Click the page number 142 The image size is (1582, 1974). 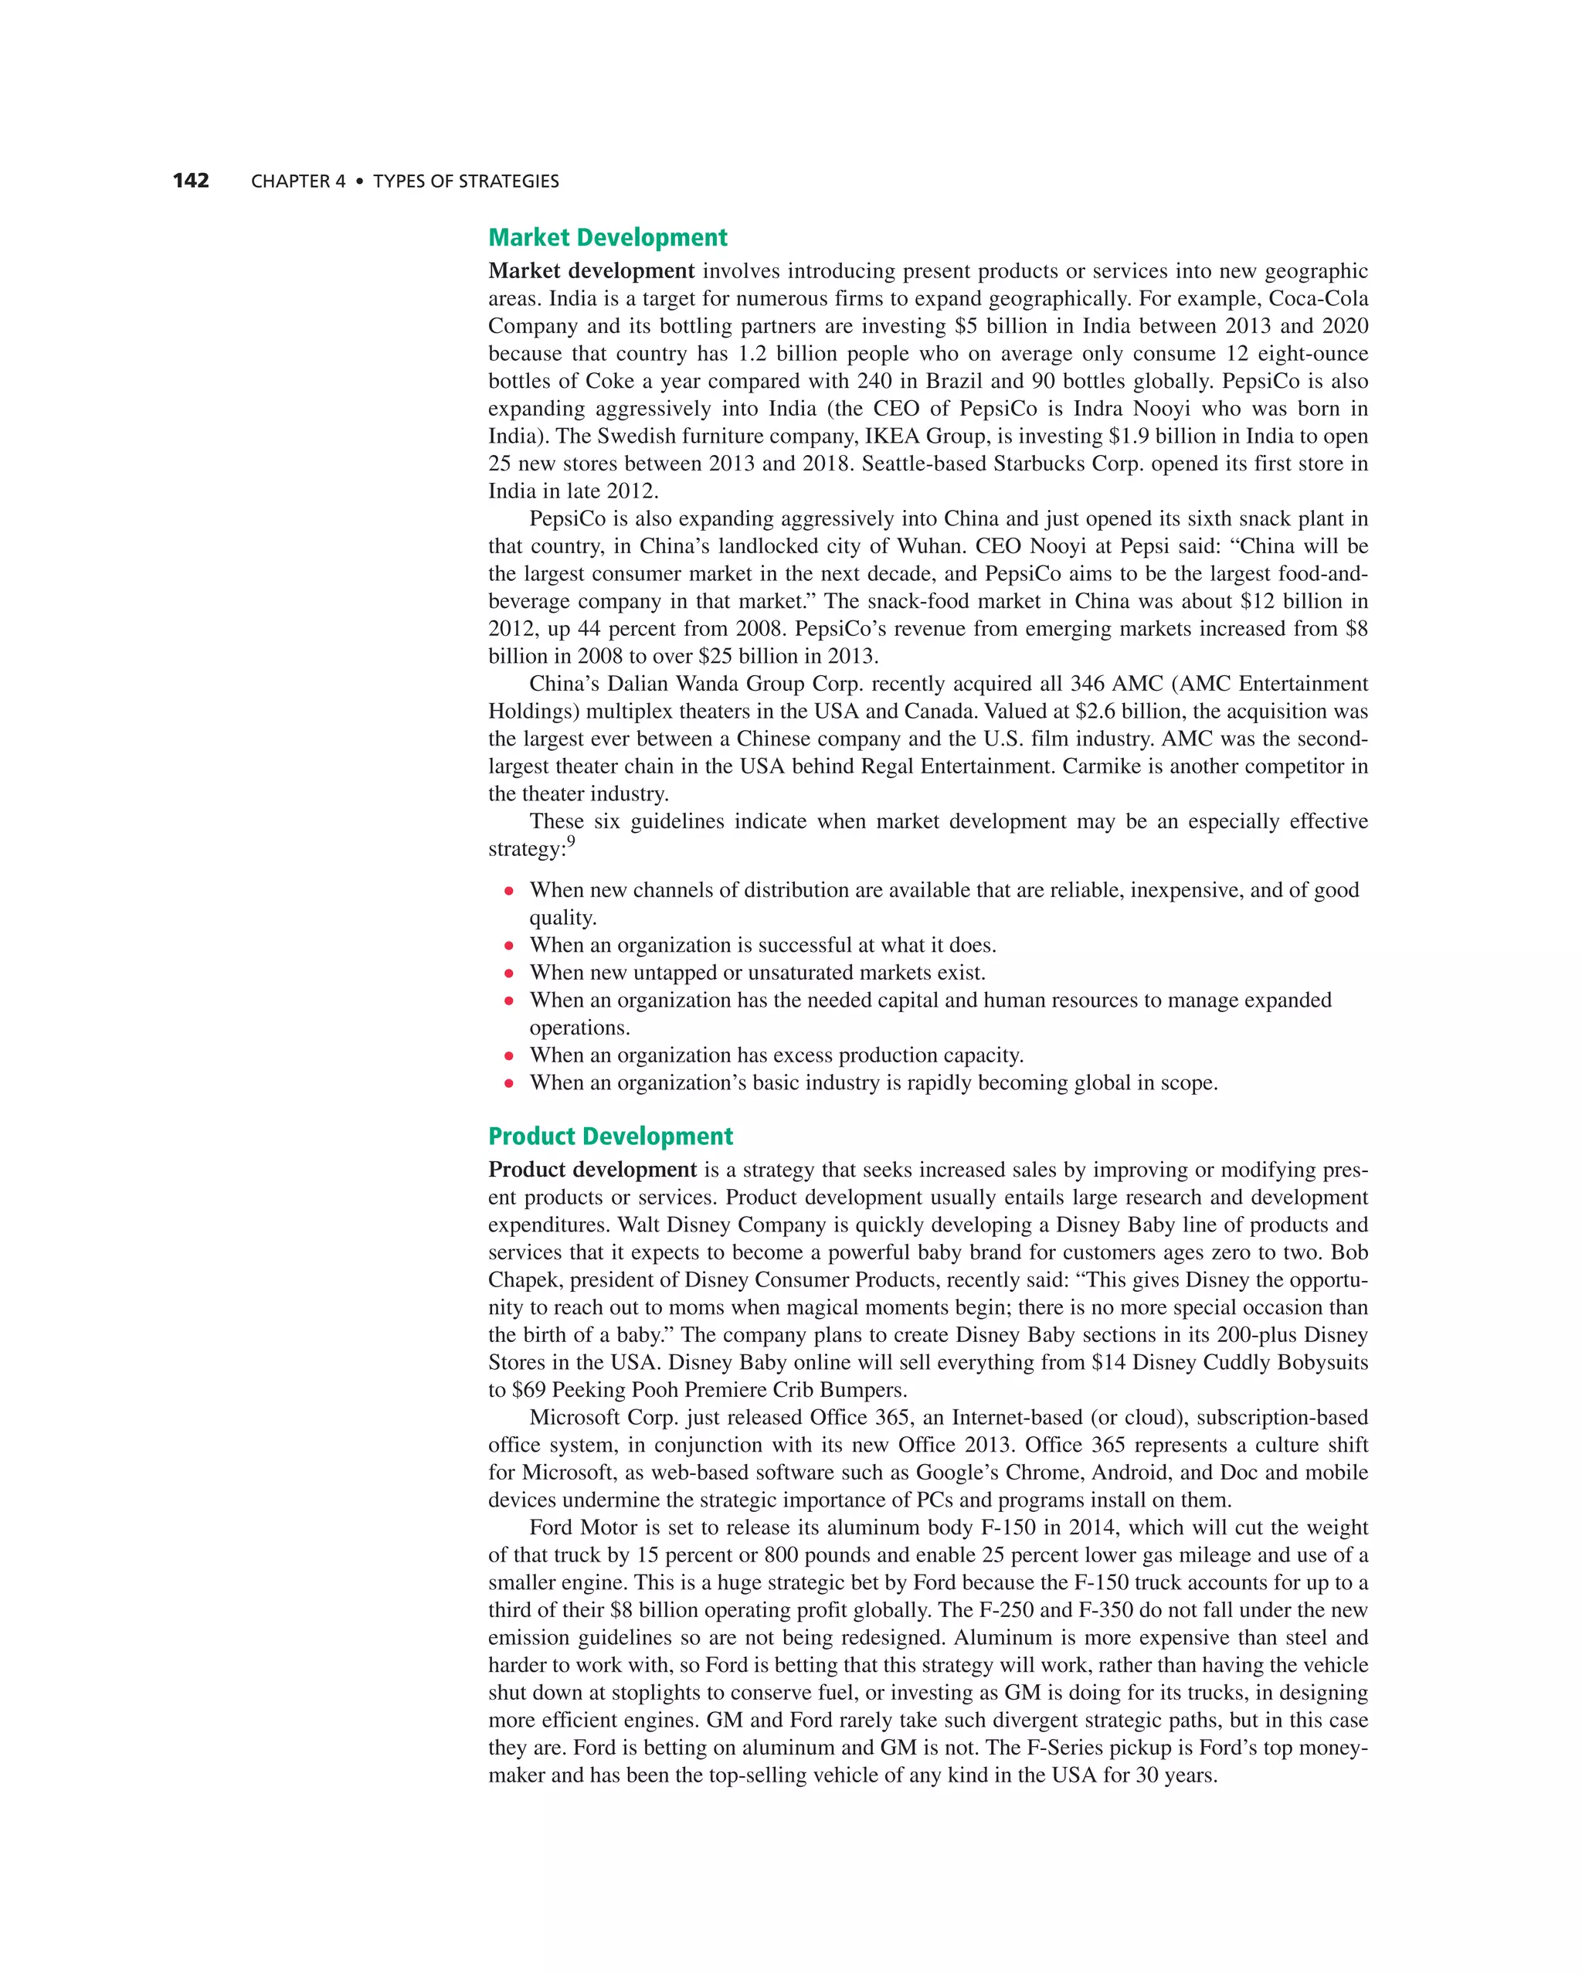(191, 180)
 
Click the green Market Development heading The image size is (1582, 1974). (607, 238)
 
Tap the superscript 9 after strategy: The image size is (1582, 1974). (572, 841)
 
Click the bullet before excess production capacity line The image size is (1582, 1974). (509, 1055)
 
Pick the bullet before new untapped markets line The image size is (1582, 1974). (509, 973)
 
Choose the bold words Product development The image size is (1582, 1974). (592, 1170)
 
